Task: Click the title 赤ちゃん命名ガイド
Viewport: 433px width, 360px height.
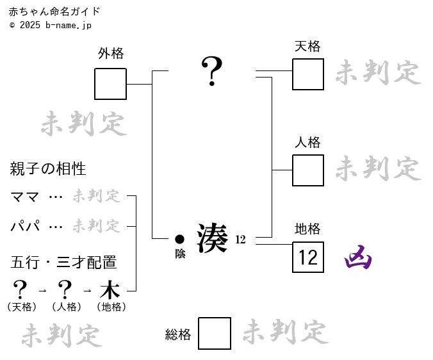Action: pyautogui.click(x=54, y=12)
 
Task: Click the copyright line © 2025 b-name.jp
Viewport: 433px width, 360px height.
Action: pyautogui.click(x=51, y=25)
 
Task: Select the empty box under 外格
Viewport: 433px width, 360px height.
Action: pyautogui.click(x=111, y=84)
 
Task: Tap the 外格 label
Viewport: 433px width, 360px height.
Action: pyautogui.click(x=111, y=54)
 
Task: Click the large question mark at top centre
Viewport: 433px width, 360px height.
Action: pyautogui.click(x=211, y=71)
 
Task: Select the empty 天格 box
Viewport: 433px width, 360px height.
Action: pyautogui.click(x=308, y=74)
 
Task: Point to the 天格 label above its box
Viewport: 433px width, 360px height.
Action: pyautogui.click(x=307, y=46)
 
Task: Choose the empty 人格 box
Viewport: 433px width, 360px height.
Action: pyautogui.click(x=308, y=170)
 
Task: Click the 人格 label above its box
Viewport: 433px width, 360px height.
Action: pyautogui.click(x=307, y=142)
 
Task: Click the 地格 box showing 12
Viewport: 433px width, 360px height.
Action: pyautogui.click(x=308, y=258)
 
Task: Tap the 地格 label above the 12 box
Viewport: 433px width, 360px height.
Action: pyautogui.click(x=307, y=229)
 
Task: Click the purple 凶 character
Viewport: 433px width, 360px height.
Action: pyautogui.click(x=358, y=258)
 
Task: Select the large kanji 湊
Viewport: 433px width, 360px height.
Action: pyautogui.click(x=212, y=238)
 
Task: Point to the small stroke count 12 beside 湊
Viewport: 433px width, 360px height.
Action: pyautogui.click(x=240, y=240)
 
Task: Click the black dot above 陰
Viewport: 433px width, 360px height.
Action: pyautogui.click(x=180, y=239)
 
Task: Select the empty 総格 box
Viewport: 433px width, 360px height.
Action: pyautogui.click(x=215, y=333)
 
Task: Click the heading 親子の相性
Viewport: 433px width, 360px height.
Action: pyautogui.click(x=48, y=169)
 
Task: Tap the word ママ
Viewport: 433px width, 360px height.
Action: pyautogui.click(x=25, y=197)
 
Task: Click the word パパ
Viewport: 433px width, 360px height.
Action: pyautogui.click(x=25, y=226)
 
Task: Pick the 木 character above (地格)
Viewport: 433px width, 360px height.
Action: pyautogui.click(x=110, y=290)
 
